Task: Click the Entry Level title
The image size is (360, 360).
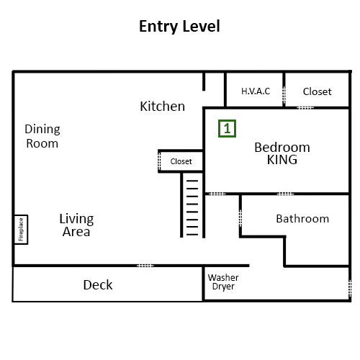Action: (x=179, y=26)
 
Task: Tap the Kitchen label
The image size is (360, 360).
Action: (x=163, y=107)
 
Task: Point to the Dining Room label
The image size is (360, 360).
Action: (x=42, y=136)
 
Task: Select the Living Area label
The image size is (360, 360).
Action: (x=76, y=225)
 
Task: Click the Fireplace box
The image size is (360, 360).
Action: (x=21, y=230)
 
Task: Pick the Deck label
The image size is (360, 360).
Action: (x=98, y=285)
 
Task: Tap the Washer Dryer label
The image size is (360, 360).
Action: (x=223, y=282)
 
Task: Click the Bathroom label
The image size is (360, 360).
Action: (x=302, y=219)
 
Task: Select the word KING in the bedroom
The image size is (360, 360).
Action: (x=282, y=160)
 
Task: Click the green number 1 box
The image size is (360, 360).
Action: (x=227, y=129)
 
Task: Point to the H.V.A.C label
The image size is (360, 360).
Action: (x=256, y=91)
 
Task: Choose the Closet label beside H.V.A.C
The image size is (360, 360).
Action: (x=318, y=91)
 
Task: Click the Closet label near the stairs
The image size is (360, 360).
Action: (x=181, y=161)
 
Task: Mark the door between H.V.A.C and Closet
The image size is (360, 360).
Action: (x=284, y=95)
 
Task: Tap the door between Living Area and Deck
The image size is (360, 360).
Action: (x=145, y=266)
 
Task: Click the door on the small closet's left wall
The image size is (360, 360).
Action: (x=159, y=161)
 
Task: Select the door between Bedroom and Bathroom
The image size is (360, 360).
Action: (x=285, y=194)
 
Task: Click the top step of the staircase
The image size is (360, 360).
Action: (x=192, y=181)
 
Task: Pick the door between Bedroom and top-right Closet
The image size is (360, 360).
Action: (x=305, y=107)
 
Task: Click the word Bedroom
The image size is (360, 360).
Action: (x=282, y=148)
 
